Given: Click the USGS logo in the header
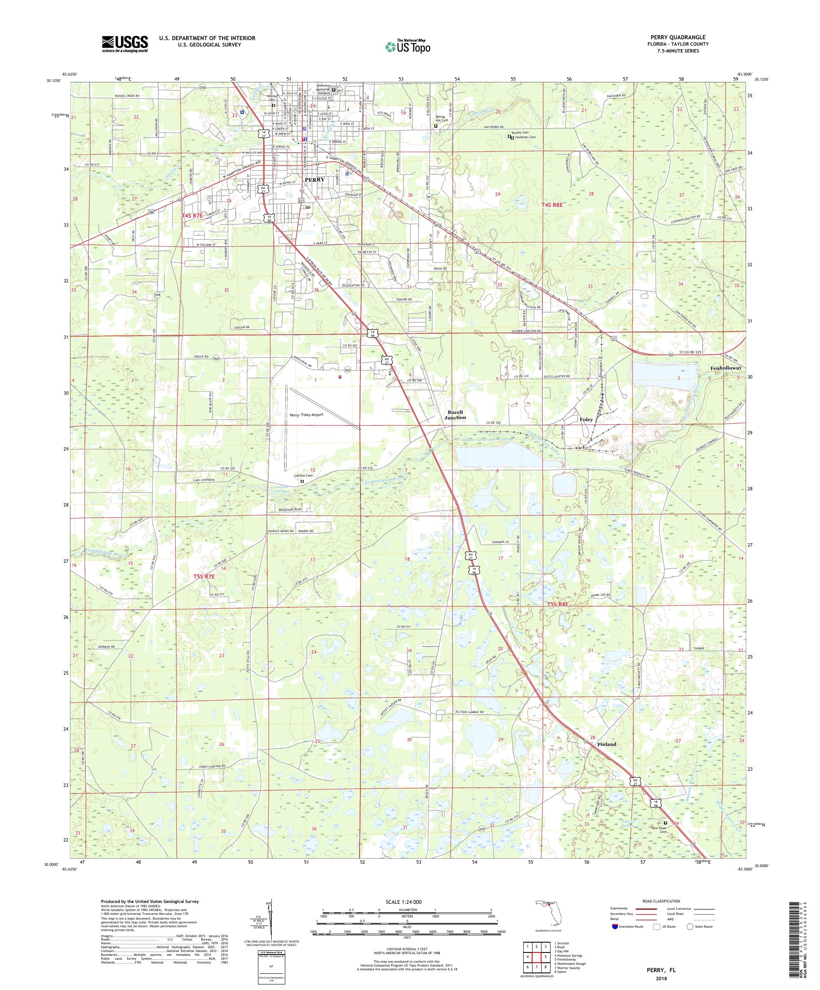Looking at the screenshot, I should (x=125, y=44).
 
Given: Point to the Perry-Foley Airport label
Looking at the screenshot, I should (x=307, y=415).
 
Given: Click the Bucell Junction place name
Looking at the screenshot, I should (x=455, y=414).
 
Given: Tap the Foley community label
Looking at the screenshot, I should (x=586, y=419).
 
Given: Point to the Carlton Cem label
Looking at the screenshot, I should (x=303, y=476).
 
